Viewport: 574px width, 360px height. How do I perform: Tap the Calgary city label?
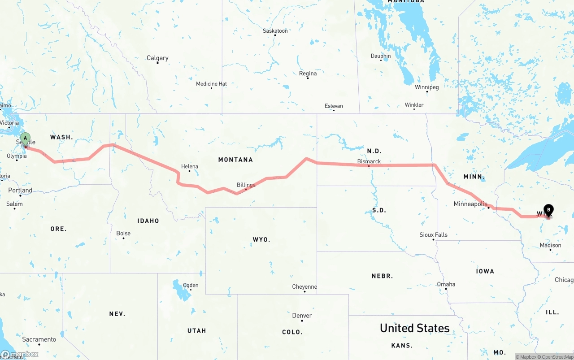(157, 58)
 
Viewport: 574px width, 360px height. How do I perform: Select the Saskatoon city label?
(275, 31)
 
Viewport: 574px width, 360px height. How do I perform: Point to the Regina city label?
(308, 74)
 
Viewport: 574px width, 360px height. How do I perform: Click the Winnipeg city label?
(426, 87)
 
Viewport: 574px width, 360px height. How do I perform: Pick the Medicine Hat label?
(211, 84)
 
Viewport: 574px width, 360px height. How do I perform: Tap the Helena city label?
(189, 166)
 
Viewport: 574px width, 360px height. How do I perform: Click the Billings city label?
(246, 185)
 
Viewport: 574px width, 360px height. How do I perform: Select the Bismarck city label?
(369, 161)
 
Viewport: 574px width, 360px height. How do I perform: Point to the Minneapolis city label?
(470, 204)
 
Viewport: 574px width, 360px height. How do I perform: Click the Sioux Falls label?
(433, 234)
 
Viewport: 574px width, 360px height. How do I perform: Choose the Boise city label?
(123, 233)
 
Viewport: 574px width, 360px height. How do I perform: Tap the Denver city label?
(302, 316)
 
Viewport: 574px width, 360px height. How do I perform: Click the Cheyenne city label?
(304, 287)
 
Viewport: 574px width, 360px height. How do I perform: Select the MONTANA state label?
(235, 160)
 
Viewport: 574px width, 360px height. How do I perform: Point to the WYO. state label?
(261, 240)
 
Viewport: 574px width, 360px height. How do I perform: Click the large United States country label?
(414, 328)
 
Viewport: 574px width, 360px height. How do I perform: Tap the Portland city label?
(20, 191)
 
